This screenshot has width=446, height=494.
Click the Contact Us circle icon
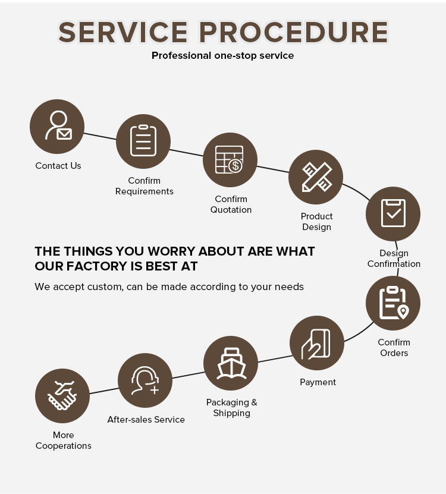pyautogui.click(x=57, y=127)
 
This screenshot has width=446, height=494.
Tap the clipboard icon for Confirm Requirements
pyautogui.click(x=143, y=141)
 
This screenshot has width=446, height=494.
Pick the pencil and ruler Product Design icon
pyautogui.click(x=316, y=177)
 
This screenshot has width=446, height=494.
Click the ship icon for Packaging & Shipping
pyautogui.click(x=231, y=363)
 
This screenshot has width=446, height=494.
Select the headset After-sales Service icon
pyautogui.click(x=145, y=380)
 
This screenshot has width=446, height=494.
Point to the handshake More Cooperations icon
pyautogui.click(x=62, y=396)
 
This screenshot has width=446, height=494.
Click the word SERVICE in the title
pyautogui.click(x=123, y=32)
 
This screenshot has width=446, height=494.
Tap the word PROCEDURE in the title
pyautogui.click(x=293, y=32)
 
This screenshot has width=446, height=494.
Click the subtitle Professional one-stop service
pyautogui.click(x=223, y=55)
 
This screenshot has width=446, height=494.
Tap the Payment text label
pyautogui.click(x=318, y=382)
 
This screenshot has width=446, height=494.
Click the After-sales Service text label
pyautogui.click(x=146, y=420)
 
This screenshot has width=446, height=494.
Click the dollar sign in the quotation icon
pyautogui.click(x=235, y=166)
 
